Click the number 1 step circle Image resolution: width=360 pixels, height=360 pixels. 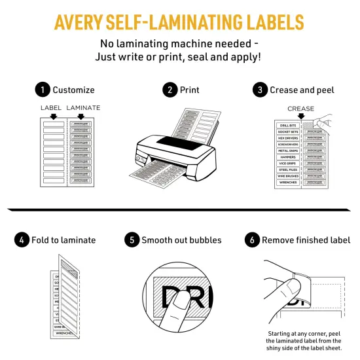coord(43,90)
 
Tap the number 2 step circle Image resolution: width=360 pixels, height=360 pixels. coord(171,90)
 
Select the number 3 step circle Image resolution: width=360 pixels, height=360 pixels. coord(261,90)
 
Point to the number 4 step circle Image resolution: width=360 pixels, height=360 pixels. coord(22,240)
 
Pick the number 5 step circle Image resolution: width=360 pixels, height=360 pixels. coord(132,240)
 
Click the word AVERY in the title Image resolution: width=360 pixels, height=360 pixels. coord(84,22)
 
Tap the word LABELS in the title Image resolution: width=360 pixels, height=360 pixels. coord(269,22)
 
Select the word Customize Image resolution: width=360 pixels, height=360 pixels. coord(73,90)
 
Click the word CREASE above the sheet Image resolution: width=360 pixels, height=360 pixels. coord(300,109)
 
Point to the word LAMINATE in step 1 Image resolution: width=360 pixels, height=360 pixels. coord(83,107)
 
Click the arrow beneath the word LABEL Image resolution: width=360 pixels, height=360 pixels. coord(52,115)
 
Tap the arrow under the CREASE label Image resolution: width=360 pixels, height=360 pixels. coord(300,116)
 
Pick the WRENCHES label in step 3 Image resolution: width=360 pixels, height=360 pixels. coord(287,183)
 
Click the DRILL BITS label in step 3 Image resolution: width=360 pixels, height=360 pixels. coord(287,125)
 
